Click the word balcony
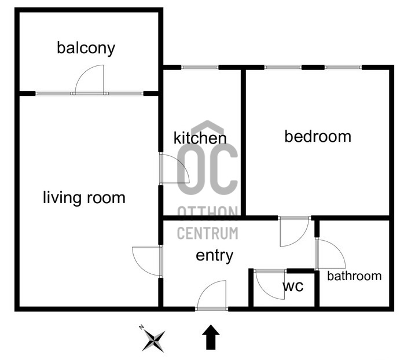(86, 48)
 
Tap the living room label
(84, 198)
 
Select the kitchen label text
(200, 138)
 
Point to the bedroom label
(318, 137)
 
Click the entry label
(214, 255)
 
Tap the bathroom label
(354, 276)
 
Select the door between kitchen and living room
(174, 170)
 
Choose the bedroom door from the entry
(294, 232)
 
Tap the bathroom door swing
(330, 254)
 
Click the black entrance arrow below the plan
(211, 338)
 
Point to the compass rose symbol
(155, 340)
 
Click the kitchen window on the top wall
(200, 68)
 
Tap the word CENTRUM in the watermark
(207, 234)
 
